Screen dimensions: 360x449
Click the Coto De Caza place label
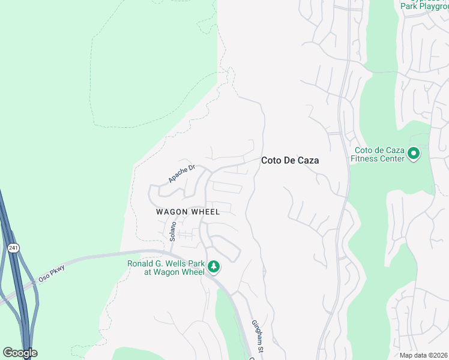click(x=289, y=161)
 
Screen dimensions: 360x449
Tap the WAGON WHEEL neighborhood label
click(x=188, y=212)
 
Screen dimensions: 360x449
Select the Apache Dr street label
click(x=182, y=173)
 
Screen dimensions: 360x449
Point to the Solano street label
click(x=172, y=230)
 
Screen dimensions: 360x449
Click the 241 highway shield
click(x=12, y=247)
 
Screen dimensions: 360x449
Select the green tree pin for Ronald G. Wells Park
click(x=214, y=266)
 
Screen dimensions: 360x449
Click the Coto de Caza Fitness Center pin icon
click(x=413, y=154)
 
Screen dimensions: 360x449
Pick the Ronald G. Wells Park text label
click(x=166, y=268)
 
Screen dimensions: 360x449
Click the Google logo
click(x=20, y=353)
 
